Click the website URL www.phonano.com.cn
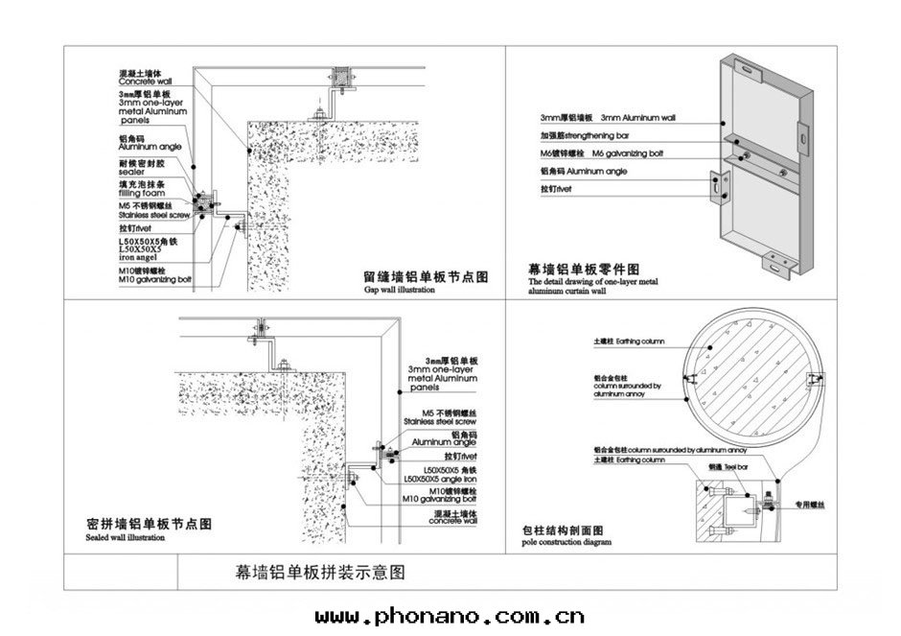point(450,616)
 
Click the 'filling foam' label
point(141,193)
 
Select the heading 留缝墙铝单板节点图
point(427,276)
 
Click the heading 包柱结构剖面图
point(562,530)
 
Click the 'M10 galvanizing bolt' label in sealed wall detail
point(440,499)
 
